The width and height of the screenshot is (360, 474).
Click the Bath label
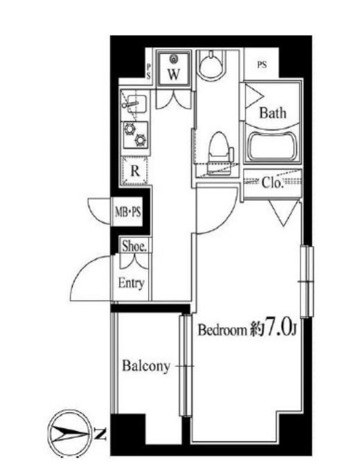(x=272, y=113)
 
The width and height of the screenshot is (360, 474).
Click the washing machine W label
(x=174, y=73)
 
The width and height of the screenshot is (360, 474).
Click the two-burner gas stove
(x=136, y=135)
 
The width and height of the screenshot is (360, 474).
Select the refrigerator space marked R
(x=135, y=170)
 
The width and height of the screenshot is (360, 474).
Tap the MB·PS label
(x=128, y=211)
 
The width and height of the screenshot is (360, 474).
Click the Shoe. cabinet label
(x=134, y=246)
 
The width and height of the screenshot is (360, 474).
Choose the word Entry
(x=132, y=283)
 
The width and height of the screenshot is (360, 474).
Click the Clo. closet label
(x=272, y=182)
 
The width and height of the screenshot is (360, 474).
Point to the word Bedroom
(x=222, y=330)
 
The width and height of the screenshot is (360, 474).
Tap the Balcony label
(x=146, y=367)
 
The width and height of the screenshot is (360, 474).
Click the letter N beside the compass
(x=100, y=434)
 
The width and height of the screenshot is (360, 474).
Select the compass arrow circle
(x=70, y=432)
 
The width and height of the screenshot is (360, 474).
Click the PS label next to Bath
(x=262, y=64)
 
